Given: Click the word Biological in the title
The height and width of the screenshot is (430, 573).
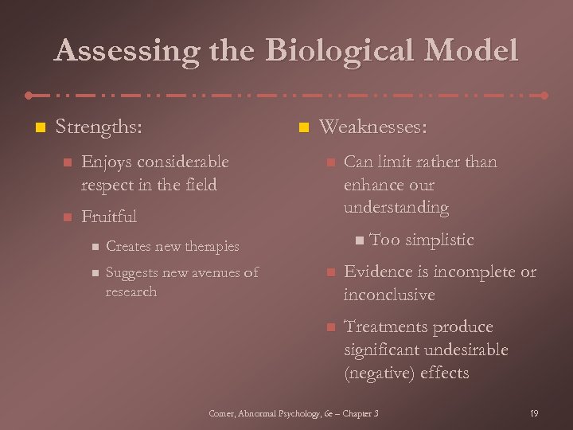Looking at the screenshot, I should [x=341, y=51].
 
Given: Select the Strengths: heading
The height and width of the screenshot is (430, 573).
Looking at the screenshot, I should [x=99, y=127].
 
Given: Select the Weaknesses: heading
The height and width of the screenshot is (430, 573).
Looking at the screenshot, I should [x=372, y=127].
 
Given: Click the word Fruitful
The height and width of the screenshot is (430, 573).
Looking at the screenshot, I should [x=109, y=217].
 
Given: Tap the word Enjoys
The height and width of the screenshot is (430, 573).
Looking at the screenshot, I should [x=107, y=162].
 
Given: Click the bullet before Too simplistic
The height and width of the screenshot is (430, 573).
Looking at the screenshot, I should [x=361, y=240].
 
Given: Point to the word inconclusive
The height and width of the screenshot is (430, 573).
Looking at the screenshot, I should [x=389, y=295].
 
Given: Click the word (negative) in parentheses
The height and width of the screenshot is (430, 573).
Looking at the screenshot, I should [x=378, y=373].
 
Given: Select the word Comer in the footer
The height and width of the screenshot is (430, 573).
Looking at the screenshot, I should [x=222, y=413].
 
